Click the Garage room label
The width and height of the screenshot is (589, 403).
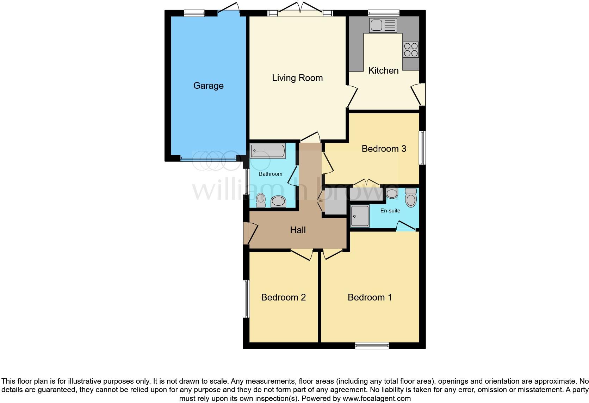tap(208, 86)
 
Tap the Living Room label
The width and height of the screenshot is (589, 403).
tap(297, 78)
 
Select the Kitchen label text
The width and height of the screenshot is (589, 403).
tap(383, 70)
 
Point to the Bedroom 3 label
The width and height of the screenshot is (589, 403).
tap(384, 149)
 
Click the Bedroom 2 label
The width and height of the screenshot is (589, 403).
tap(283, 297)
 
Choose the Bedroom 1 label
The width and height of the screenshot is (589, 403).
tap(370, 297)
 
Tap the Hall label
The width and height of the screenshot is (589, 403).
tap(298, 230)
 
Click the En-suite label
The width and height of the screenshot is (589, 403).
tap(390, 211)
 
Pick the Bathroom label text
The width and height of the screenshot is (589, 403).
tap(271, 174)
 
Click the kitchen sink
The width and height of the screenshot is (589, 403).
tap(383, 25)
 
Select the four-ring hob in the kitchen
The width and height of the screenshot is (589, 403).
tap(411, 50)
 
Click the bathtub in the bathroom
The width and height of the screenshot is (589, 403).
tap(268, 151)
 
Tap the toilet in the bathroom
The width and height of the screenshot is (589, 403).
tap(261, 200)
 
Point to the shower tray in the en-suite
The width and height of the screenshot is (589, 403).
tap(360, 216)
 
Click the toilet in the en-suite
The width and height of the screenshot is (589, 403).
tap(411, 197)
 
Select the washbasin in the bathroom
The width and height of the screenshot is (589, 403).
tap(278, 201)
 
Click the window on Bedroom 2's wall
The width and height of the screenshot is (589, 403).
tap(247, 299)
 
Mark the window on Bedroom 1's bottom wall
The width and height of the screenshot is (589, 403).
tap(372, 345)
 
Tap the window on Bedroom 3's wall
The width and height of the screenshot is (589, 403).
tap(422, 148)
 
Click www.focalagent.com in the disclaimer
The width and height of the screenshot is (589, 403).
tap(377, 398)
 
